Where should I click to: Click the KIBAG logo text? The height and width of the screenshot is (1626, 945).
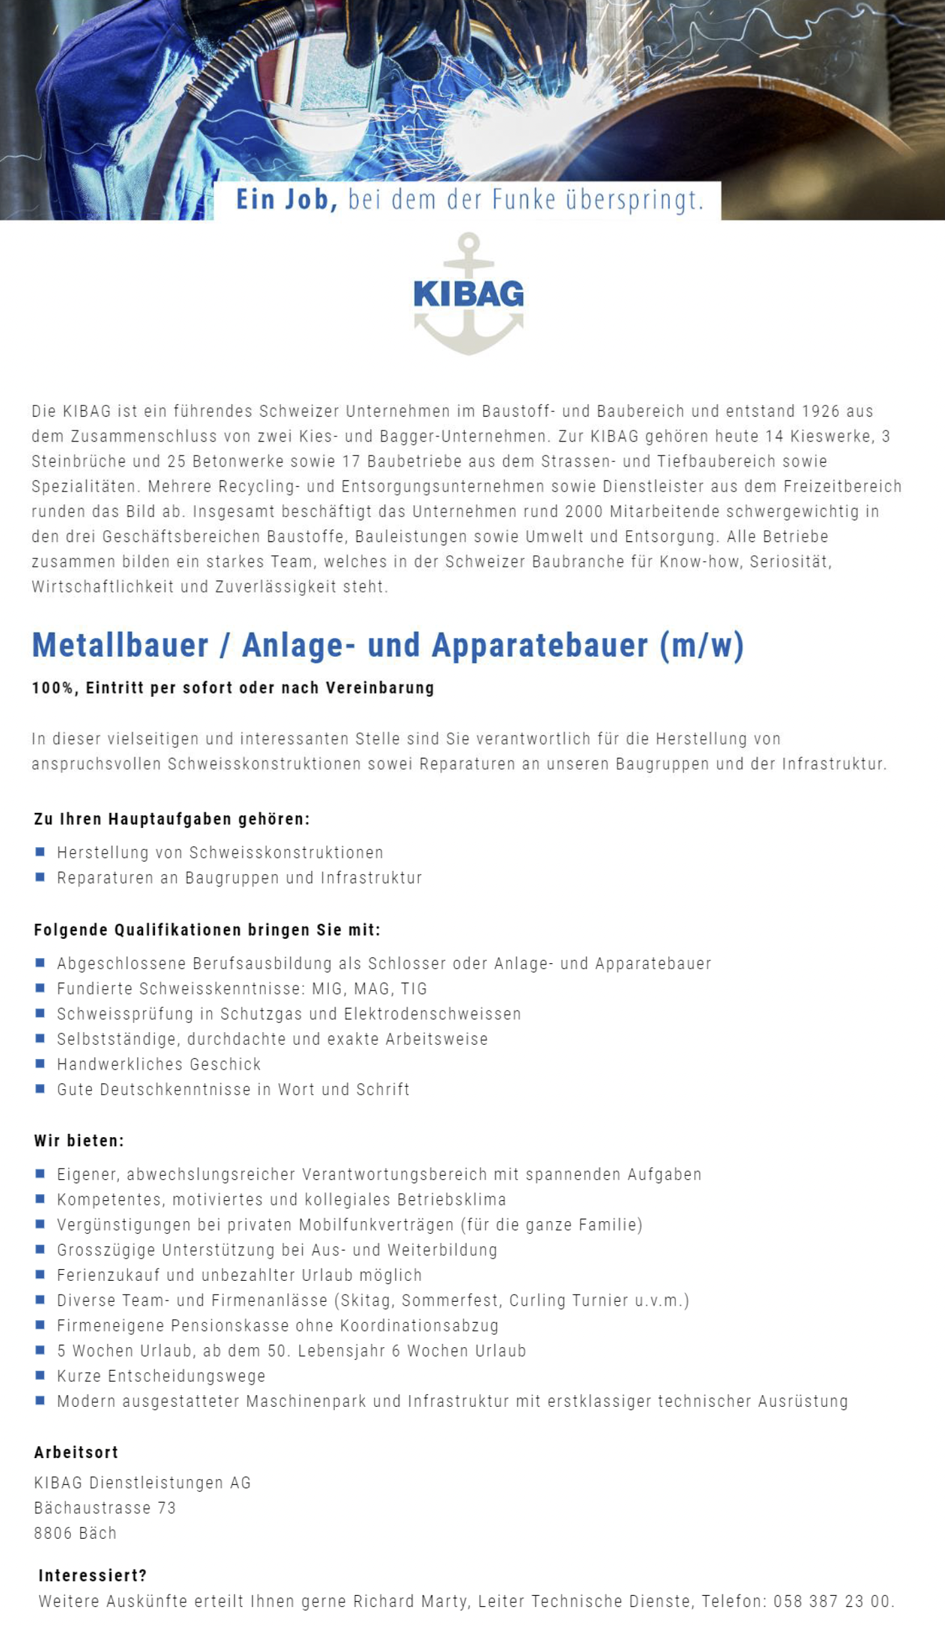tap(469, 294)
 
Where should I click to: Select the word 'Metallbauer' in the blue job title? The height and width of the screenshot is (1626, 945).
tap(120, 645)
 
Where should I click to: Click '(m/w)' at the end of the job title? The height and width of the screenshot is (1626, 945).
tap(702, 645)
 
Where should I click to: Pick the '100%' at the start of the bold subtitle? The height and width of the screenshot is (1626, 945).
tap(52, 688)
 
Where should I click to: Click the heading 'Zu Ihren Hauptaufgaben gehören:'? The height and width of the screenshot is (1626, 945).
tap(172, 819)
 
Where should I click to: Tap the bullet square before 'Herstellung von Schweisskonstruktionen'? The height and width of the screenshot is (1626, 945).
tap(41, 852)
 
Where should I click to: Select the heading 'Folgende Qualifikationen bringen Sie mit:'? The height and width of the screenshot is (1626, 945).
tap(207, 930)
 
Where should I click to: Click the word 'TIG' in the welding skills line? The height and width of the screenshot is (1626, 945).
tap(413, 989)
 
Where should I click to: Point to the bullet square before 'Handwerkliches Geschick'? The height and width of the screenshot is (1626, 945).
tap(41, 1063)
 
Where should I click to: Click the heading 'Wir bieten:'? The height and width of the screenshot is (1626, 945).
tap(79, 1140)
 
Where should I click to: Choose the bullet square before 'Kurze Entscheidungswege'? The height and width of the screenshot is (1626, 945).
tap(41, 1375)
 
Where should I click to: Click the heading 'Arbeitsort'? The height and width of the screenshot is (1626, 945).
tap(76, 1453)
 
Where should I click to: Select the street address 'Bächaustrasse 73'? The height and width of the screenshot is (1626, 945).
tap(105, 1508)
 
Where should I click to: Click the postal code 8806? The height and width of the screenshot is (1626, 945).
tap(52, 1533)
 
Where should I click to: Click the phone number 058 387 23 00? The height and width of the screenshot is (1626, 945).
tap(832, 1602)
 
